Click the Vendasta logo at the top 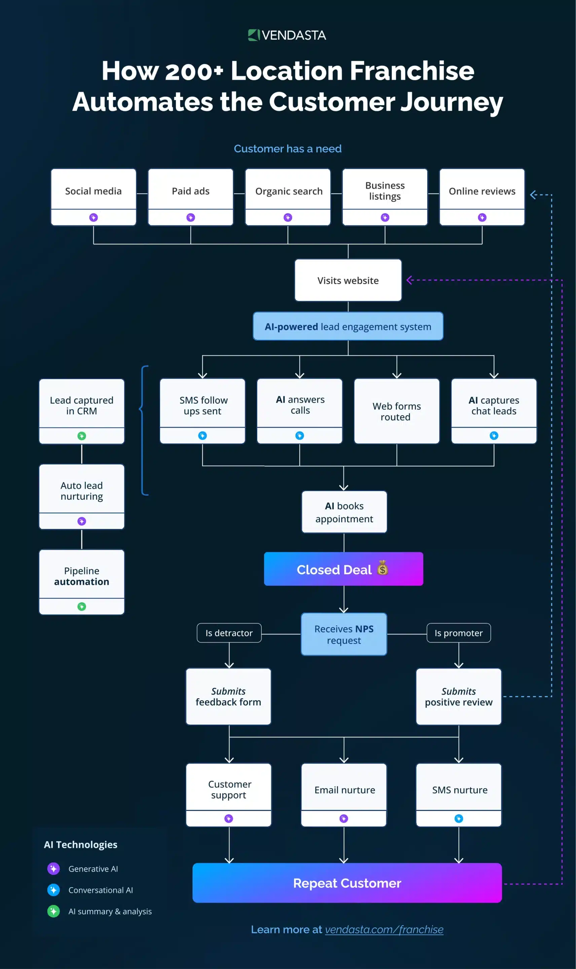pos(287,35)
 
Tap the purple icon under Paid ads pos(190,217)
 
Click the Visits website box pos(348,280)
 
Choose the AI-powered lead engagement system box pos(348,326)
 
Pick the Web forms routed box pos(396,411)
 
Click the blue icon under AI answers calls pos(300,435)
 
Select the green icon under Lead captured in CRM pos(81,436)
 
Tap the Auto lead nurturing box pos(81,491)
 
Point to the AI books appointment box pos(344,512)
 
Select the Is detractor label pos(229,633)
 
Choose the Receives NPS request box pos(344,634)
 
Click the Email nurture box pos(344,790)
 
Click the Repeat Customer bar pos(347,883)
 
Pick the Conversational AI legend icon pos(53,890)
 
